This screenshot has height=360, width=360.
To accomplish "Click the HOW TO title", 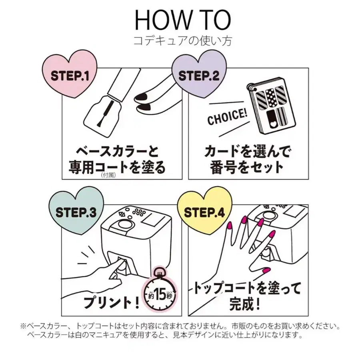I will pos(182,20).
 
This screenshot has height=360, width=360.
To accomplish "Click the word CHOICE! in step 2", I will pos(227,117).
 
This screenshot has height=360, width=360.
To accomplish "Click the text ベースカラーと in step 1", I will pos(118,152).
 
